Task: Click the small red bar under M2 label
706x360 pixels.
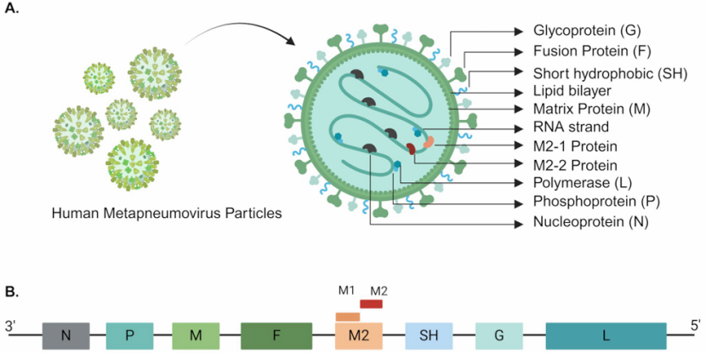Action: click(371, 304)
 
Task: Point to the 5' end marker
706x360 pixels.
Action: click(694, 324)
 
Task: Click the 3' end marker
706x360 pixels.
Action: click(12, 324)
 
